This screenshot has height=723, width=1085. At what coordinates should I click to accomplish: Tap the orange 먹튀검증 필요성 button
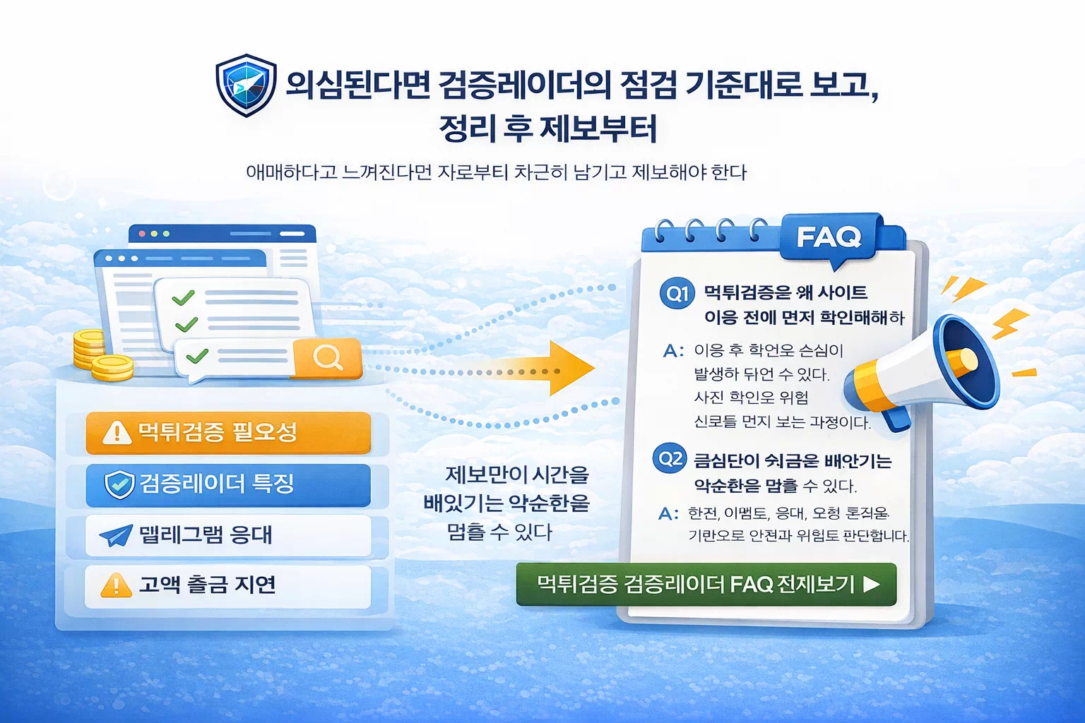tap(228, 432)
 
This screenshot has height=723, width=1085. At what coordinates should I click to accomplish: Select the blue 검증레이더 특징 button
tap(228, 484)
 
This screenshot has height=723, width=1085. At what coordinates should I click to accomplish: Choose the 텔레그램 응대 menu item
tap(228, 535)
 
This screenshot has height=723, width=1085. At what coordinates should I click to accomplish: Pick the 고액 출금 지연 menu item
tap(228, 585)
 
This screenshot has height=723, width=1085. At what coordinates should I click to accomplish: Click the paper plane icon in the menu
tap(116, 536)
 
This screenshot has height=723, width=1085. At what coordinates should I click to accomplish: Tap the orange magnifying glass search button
tap(328, 357)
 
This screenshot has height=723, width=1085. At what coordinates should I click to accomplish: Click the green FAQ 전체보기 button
tap(706, 585)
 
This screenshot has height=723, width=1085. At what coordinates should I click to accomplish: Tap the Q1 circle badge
tap(677, 293)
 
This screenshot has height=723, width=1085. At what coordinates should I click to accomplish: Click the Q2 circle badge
tap(670, 460)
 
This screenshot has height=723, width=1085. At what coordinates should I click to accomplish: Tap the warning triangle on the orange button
tap(117, 432)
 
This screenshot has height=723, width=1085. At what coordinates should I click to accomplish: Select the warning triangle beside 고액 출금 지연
tap(116, 585)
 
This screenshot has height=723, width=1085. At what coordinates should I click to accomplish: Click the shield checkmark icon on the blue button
tap(119, 484)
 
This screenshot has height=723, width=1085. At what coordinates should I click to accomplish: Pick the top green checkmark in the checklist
tap(183, 298)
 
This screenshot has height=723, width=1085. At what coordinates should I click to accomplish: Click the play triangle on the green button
tap(872, 585)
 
